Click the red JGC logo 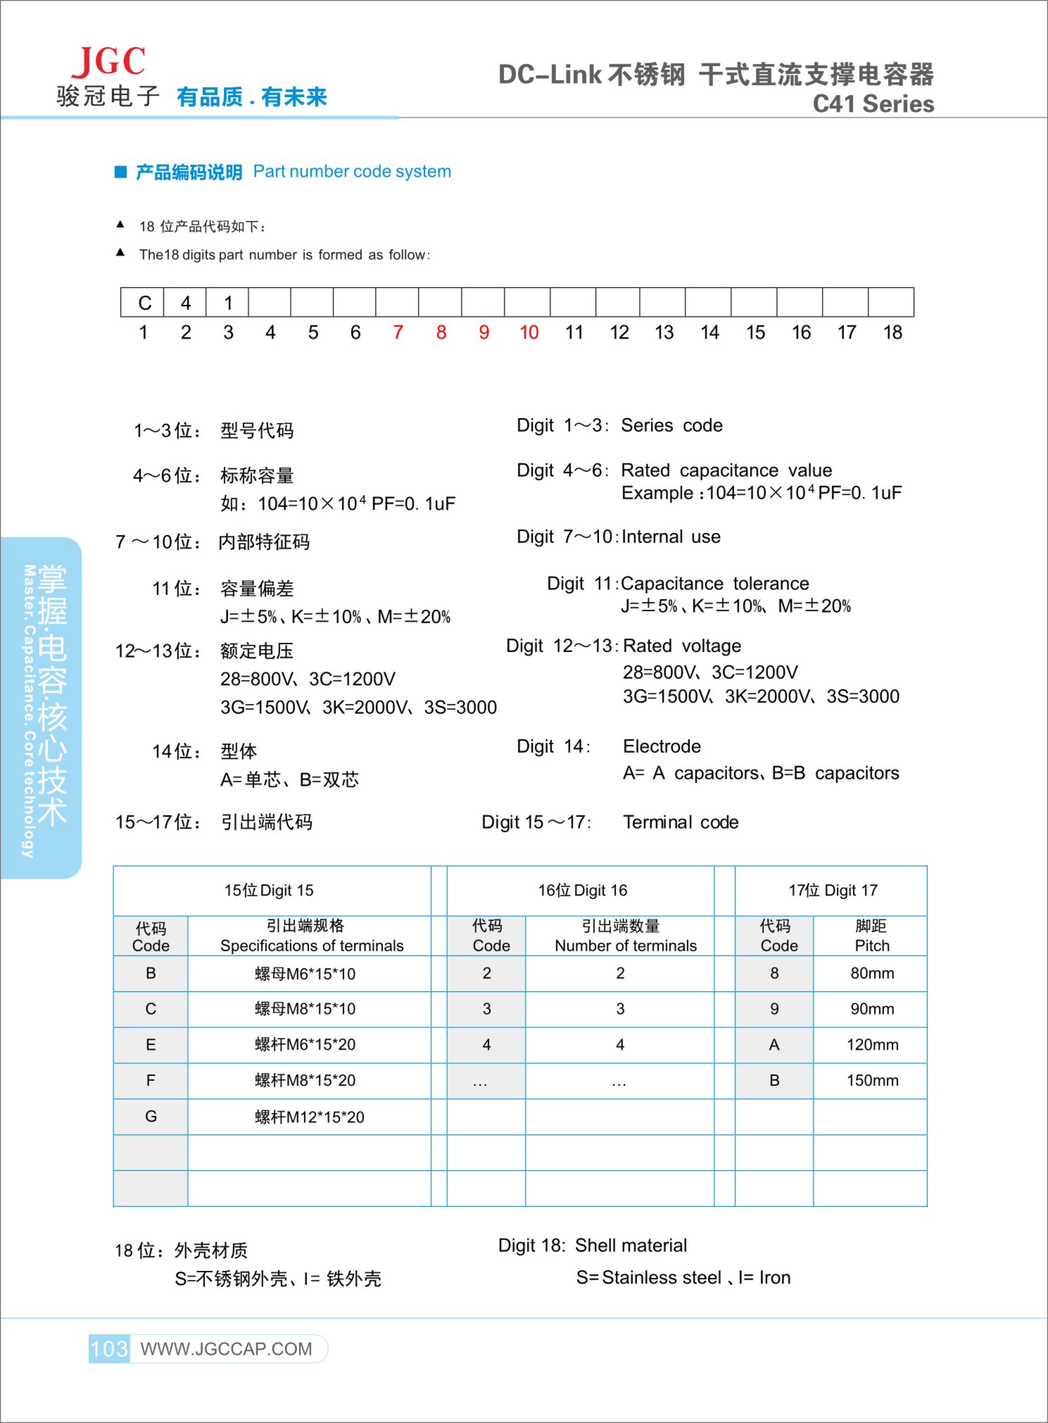109,62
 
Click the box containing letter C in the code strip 144,302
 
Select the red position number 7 398,332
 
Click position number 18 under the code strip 892,332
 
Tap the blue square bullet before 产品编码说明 120,172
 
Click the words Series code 671,425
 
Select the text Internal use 671,537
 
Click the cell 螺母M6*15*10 305,973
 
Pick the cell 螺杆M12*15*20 310,1117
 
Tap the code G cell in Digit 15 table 150,1117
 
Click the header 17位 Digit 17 832,890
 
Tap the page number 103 109,1348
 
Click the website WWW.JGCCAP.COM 226,1349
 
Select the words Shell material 631,1245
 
